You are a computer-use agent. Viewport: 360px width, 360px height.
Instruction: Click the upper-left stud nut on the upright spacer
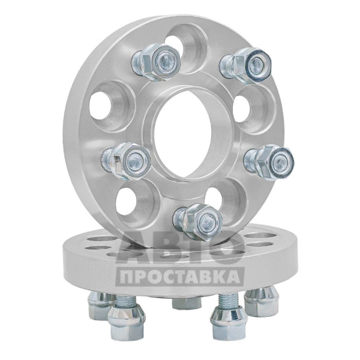pyautogui.click(x=157, y=62)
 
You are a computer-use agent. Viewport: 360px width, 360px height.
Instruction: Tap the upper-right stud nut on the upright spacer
pyautogui.click(x=246, y=65)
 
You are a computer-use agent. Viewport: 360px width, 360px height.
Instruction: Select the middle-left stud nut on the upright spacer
pyautogui.click(x=126, y=161)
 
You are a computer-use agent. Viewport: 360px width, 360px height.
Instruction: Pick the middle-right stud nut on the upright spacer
pyautogui.click(x=270, y=163)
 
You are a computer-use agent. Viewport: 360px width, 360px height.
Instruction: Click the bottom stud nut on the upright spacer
pyautogui.click(x=199, y=222)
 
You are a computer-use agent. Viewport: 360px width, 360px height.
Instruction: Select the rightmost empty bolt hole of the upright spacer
pyautogui.click(x=254, y=110)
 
